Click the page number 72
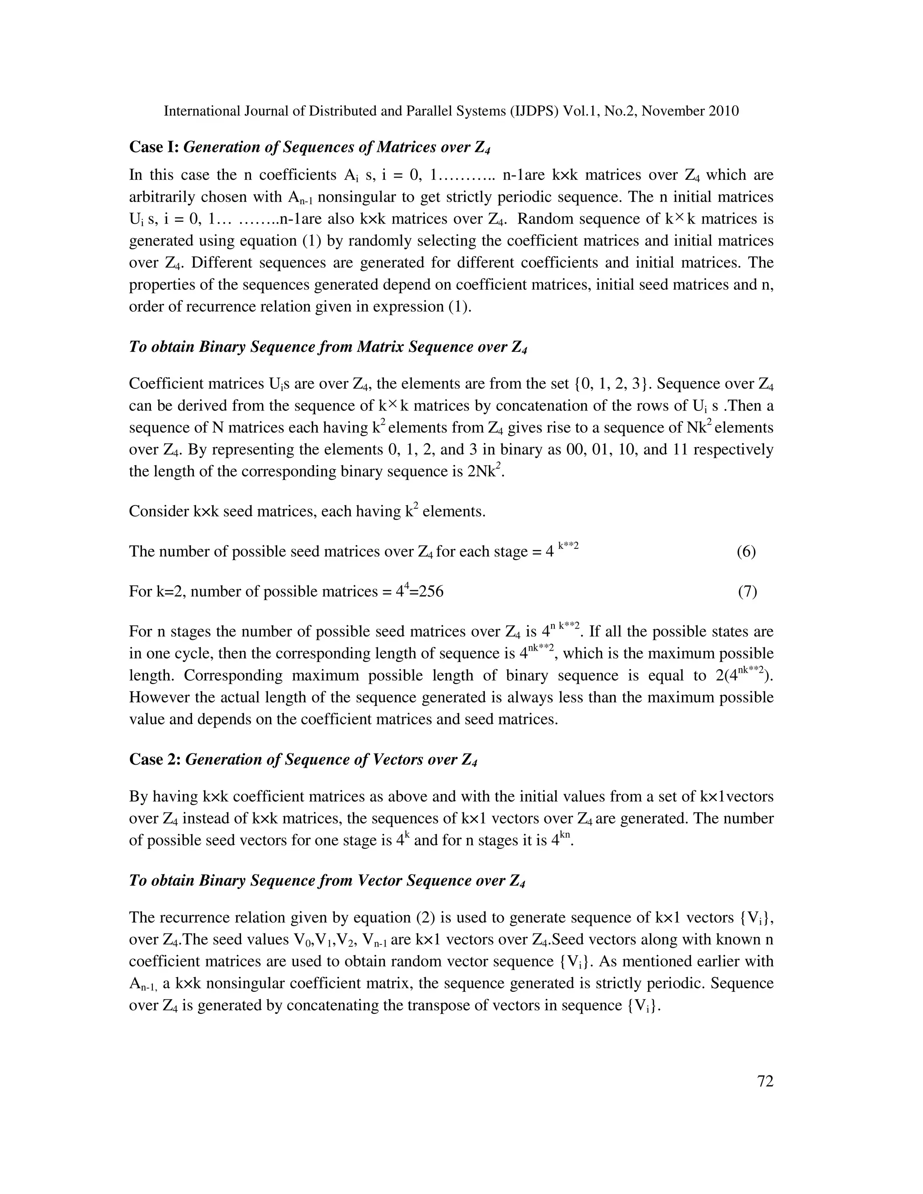[x=765, y=1081]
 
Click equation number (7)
[x=747, y=592]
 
